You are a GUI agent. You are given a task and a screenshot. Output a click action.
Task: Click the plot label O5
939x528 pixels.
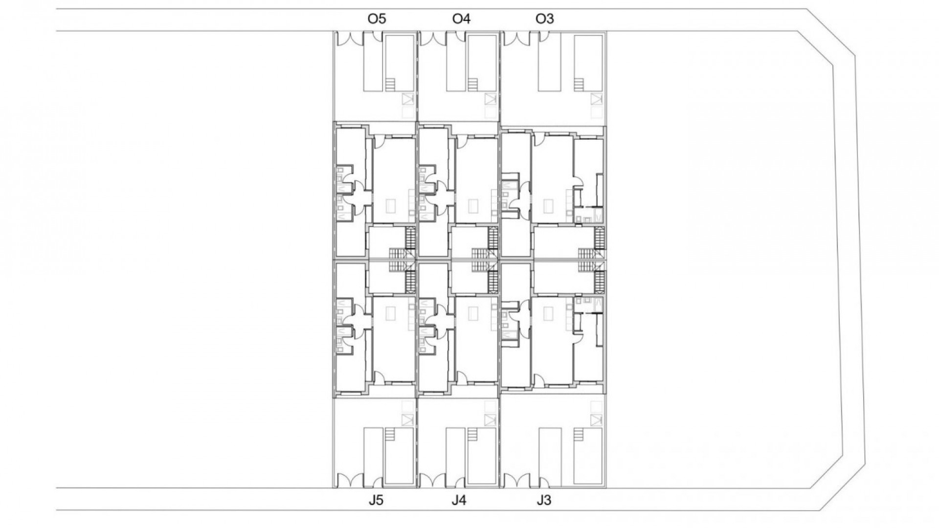tap(377, 19)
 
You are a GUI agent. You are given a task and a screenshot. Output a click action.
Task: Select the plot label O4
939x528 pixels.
tap(461, 19)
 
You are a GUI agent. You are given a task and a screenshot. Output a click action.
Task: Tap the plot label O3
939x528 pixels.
tap(545, 19)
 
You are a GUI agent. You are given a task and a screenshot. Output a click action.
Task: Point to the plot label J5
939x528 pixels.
tap(377, 501)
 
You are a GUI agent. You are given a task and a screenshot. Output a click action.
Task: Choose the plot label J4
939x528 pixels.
tap(459, 501)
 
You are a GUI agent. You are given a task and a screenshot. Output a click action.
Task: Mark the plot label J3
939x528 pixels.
tap(544, 501)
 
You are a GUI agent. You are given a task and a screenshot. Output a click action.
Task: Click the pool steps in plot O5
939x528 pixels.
tap(390, 84)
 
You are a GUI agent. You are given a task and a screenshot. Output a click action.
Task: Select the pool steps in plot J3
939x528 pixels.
tap(579, 435)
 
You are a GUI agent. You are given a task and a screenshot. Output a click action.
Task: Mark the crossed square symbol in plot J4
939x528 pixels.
tap(490, 419)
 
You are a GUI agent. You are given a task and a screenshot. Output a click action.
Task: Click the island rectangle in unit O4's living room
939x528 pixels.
tap(473, 206)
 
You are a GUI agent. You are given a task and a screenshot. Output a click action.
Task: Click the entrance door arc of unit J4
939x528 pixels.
tap(461, 376)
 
